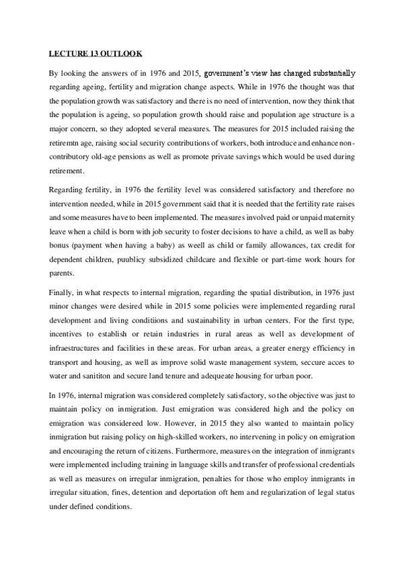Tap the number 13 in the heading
(90, 53)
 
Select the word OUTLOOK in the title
(116, 53)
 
